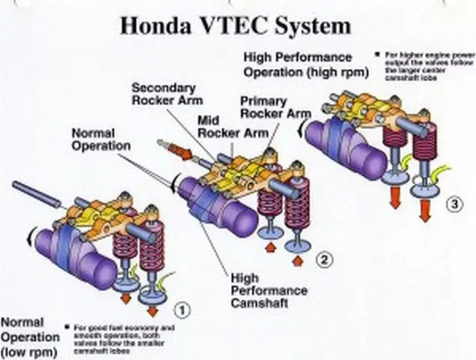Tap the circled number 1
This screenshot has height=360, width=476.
(x=181, y=307)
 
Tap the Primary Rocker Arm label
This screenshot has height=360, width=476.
(x=274, y=107)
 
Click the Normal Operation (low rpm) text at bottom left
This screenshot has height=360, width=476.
(x=30, y=337)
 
